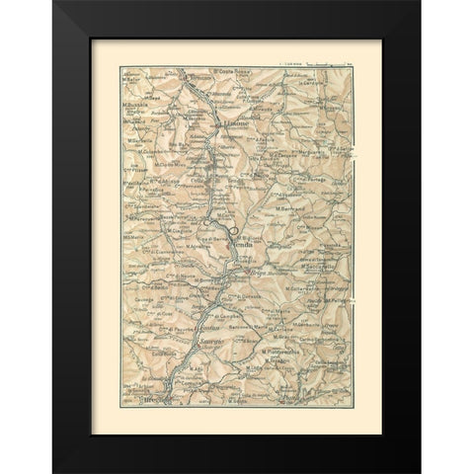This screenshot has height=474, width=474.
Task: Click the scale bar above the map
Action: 317,61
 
